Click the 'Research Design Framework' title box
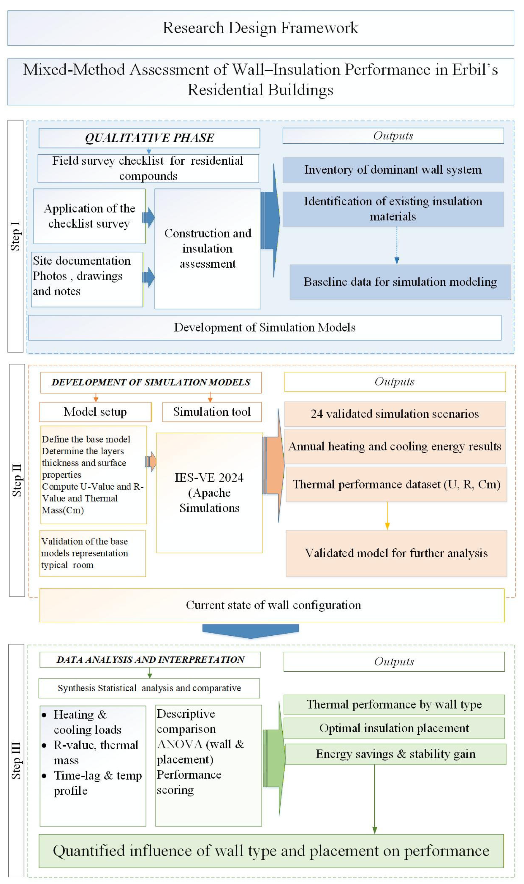(x=260, y=28)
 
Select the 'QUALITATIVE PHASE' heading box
(x=149, y=138)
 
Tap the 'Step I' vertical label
(x=16, y=236)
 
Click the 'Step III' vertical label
(x=16, y=760)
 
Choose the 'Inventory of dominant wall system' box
(x=393, y=170)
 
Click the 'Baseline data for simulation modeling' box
(x=400, y=282)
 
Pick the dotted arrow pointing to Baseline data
(x=397, y=245)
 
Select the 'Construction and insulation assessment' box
(x=208, y=249)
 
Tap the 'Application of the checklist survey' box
(x=89, y=216)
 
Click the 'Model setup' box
(x=95, y=412)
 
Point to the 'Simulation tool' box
(x=212, y=412)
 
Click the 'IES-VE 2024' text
(x=209, y=477)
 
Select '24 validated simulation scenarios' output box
(x=395, y=414)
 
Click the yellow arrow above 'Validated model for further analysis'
(x=387, y=516)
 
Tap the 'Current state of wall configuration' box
(x=272, y=605)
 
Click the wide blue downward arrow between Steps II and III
(x=251, y=631)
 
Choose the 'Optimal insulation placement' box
(x=394, y=728)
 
